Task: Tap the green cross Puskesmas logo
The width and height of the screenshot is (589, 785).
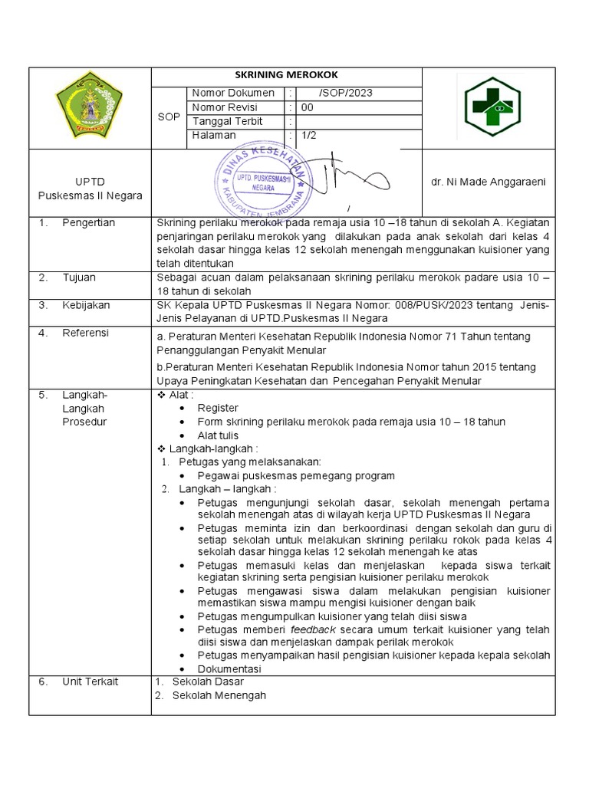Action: coord(493,107)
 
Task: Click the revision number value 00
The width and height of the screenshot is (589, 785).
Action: coord(308,108)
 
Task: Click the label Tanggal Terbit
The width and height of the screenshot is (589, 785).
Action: coord(227,122)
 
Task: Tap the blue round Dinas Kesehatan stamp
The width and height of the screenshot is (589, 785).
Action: coord(264,181)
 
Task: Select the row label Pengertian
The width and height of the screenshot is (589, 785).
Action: coord(89,223)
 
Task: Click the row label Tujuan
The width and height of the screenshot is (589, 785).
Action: coord(80,278)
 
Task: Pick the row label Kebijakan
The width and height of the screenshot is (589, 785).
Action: coord(86,305)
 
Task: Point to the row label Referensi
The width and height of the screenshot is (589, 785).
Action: coord(86,333)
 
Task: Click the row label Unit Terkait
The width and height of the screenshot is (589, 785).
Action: coord(90,682)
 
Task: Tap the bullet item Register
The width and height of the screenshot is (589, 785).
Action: coord(218,408)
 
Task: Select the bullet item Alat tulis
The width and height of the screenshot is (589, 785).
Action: coord(218,435)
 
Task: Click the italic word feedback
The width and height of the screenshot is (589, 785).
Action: coord(313,629)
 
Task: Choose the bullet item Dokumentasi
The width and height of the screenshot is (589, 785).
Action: coord(229,668)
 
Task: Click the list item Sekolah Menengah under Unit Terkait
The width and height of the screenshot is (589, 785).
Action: coord(219,695)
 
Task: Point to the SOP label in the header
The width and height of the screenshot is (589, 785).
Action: coord(169,116)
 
